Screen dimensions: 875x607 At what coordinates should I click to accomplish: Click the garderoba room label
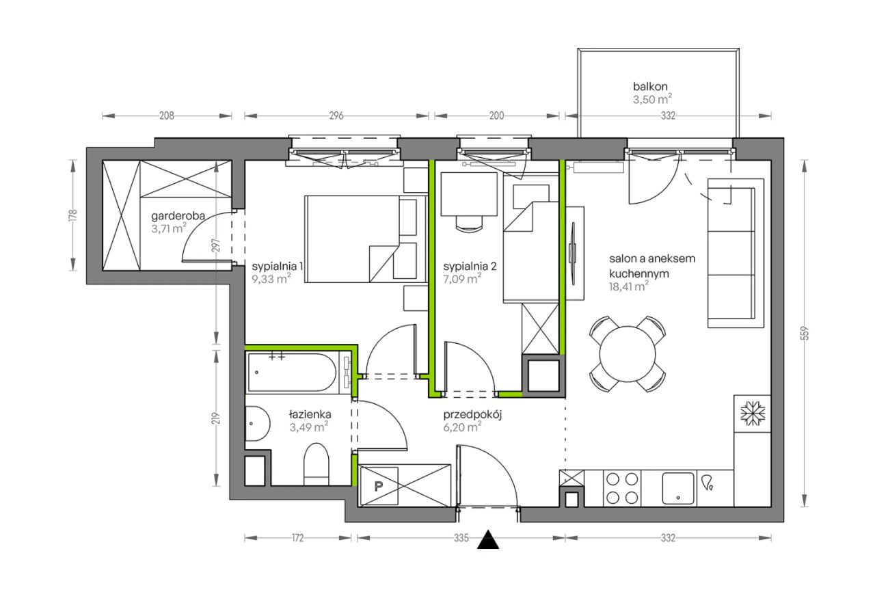178,216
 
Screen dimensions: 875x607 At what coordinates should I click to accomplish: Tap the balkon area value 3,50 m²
652,99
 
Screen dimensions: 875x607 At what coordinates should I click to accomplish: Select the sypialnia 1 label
277,267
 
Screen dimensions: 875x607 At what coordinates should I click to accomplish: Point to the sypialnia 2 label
470,267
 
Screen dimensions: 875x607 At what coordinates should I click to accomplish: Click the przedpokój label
472,414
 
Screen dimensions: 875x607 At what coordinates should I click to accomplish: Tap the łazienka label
310,414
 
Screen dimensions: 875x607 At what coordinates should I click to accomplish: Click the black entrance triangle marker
488,540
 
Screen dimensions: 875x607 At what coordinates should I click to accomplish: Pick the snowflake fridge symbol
753,414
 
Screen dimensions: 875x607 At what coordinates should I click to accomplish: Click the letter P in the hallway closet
378,486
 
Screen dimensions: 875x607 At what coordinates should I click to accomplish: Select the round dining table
628,354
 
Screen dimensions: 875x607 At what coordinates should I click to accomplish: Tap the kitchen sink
678,488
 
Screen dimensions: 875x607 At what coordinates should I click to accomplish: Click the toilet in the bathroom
317,464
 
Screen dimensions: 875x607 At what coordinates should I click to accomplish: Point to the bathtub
292,373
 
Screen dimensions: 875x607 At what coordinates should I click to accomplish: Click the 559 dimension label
805,333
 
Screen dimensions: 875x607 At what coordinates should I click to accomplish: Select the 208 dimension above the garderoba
166,116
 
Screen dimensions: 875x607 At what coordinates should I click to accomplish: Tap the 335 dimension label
461,538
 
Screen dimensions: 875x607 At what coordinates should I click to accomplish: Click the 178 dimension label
72,215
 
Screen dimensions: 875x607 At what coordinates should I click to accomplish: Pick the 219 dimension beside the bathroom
216,418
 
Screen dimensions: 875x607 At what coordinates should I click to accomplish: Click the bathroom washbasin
258,423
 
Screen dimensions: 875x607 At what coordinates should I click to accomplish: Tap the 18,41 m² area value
628,286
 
